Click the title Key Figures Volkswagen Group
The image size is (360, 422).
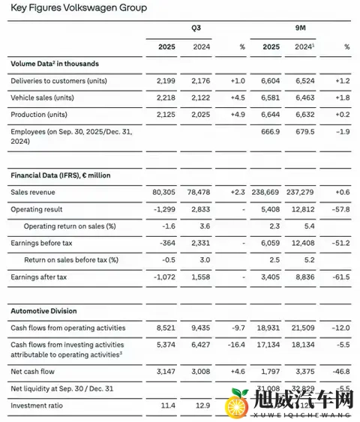tap(79, 8)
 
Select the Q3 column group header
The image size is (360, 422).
tap(196, 28)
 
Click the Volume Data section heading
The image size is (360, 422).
tap(55, 64)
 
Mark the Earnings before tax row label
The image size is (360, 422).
tap(42, 243)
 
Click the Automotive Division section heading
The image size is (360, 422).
tap(43, 310)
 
